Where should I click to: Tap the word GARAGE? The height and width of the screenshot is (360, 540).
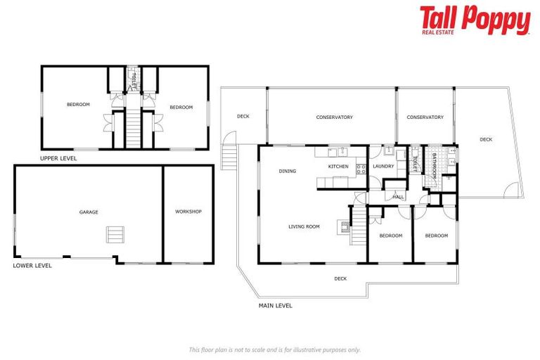click(x=89, y=212)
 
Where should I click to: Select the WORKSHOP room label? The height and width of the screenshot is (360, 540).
click(x=188, y=212)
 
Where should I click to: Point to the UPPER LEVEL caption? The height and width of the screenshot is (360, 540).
click(x=58, y=159)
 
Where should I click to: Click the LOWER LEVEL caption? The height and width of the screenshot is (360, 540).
click(x=32, y=266)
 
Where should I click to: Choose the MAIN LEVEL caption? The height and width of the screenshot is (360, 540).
click(x=276, y=306)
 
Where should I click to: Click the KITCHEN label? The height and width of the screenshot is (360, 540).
click(x=338, y=167)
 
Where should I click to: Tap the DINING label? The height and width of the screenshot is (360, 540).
click(x=287, y=171)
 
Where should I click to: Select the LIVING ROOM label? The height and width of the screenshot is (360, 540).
click(x=304, y=226)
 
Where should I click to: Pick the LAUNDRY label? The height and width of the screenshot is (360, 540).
click(x=383, y=167)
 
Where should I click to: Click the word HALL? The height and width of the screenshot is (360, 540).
click(x=398, y=197)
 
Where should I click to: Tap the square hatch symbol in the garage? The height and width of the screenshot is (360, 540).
click(x=114, y=234)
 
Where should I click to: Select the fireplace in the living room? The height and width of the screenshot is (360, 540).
click(x=345, y=226)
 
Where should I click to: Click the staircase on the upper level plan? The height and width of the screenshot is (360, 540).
click(x=134, y=127)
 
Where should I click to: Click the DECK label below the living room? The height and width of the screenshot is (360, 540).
click(x=340, y=278)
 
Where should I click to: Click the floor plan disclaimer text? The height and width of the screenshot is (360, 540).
click(x=275, y=349)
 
